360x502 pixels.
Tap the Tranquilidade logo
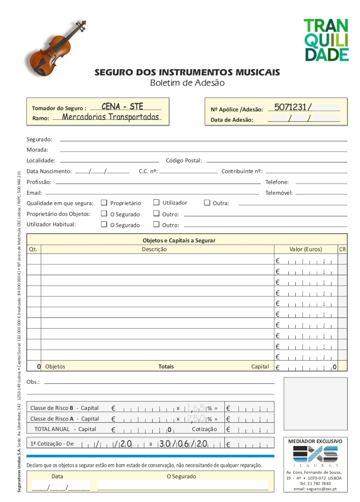(x=326, y=40)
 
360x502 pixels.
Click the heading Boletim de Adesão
(x=187, y=83)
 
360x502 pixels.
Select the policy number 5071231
(x=290, y=107)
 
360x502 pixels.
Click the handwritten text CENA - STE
(x=122, y=107)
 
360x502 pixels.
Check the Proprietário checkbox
(x=104, y=203)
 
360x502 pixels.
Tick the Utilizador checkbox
(x=156, y=202)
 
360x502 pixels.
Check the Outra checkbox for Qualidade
(x=207, y=203)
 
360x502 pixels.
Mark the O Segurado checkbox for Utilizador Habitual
(x=104, y=224)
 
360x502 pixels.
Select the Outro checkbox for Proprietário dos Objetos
(x=156, y=213)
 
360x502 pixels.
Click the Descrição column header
(x=154, y=249)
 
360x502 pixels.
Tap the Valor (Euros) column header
(x=306, y=249)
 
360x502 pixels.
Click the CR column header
(x=342, y=249)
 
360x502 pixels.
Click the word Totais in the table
(x=166, y=366)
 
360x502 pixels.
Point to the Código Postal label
(x=184, y=160)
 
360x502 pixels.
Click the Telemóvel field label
(x=279, y=193)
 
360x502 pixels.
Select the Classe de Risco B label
(x=64, y=408)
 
